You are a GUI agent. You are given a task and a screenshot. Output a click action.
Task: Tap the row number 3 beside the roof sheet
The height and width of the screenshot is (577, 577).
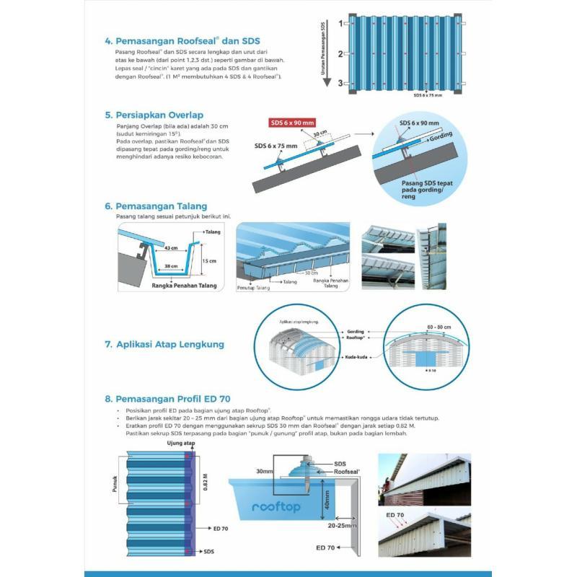click(x=340, y=84)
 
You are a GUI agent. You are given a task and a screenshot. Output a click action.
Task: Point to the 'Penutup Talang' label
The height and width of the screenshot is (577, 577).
click(x=253, y=288)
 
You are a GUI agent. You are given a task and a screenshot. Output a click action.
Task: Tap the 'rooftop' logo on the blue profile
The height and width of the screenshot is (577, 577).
click(x=276, y=507)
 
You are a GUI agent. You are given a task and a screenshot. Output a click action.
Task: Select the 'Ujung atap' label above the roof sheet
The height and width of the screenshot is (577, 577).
click(x=181, y=444)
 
